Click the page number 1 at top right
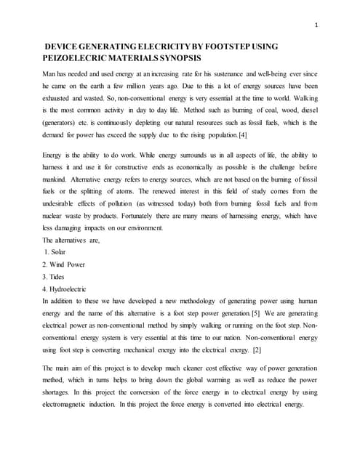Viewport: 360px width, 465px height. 317,27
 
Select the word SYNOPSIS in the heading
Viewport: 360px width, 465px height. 179,58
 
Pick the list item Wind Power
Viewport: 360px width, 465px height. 68,264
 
